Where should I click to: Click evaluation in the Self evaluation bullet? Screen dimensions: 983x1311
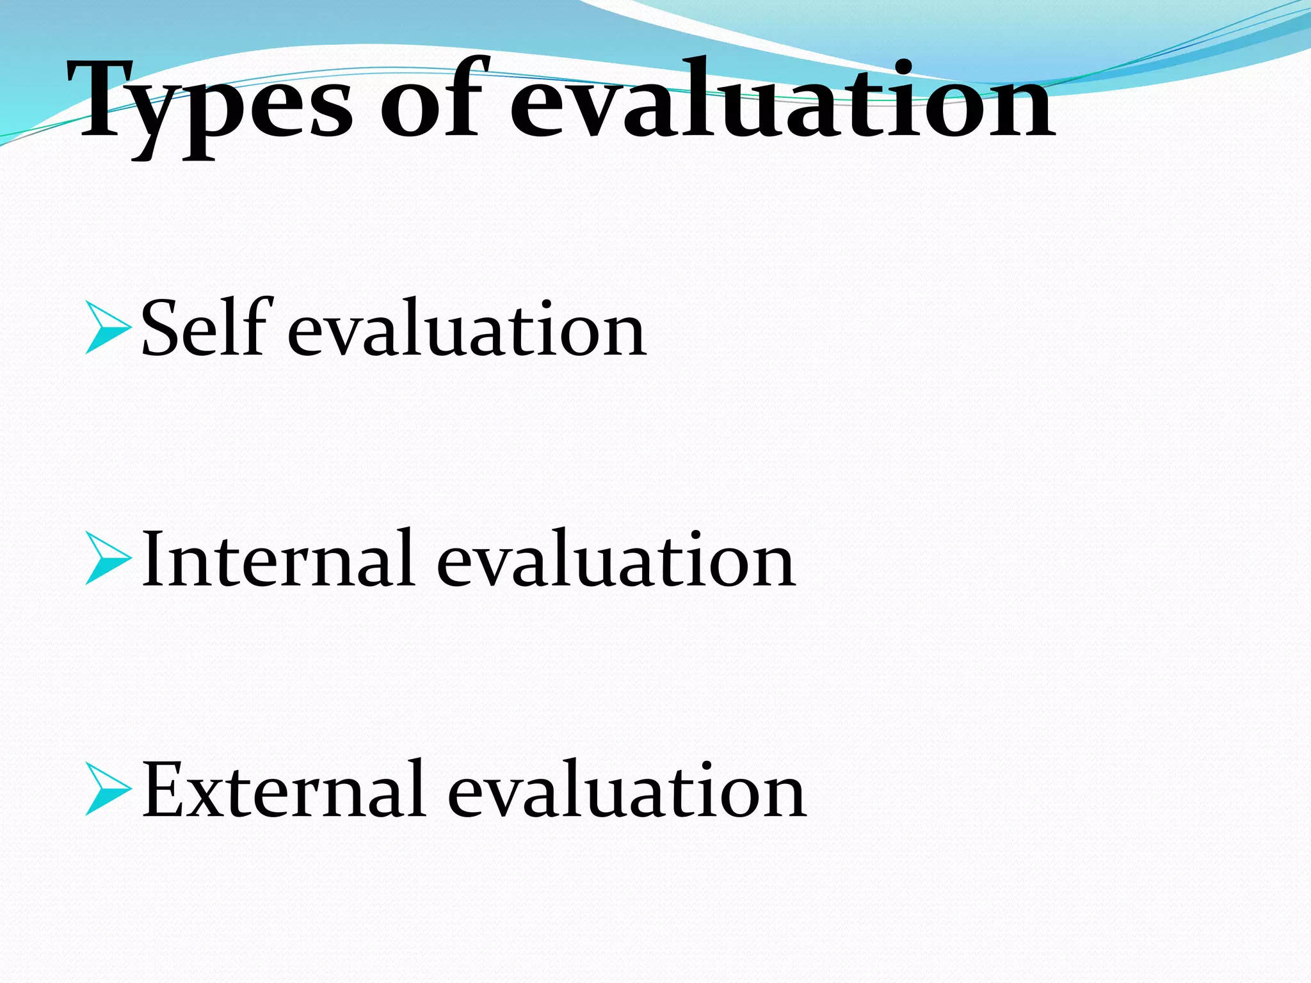pos(467,330)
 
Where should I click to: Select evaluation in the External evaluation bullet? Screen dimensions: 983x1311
pos(627,790)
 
